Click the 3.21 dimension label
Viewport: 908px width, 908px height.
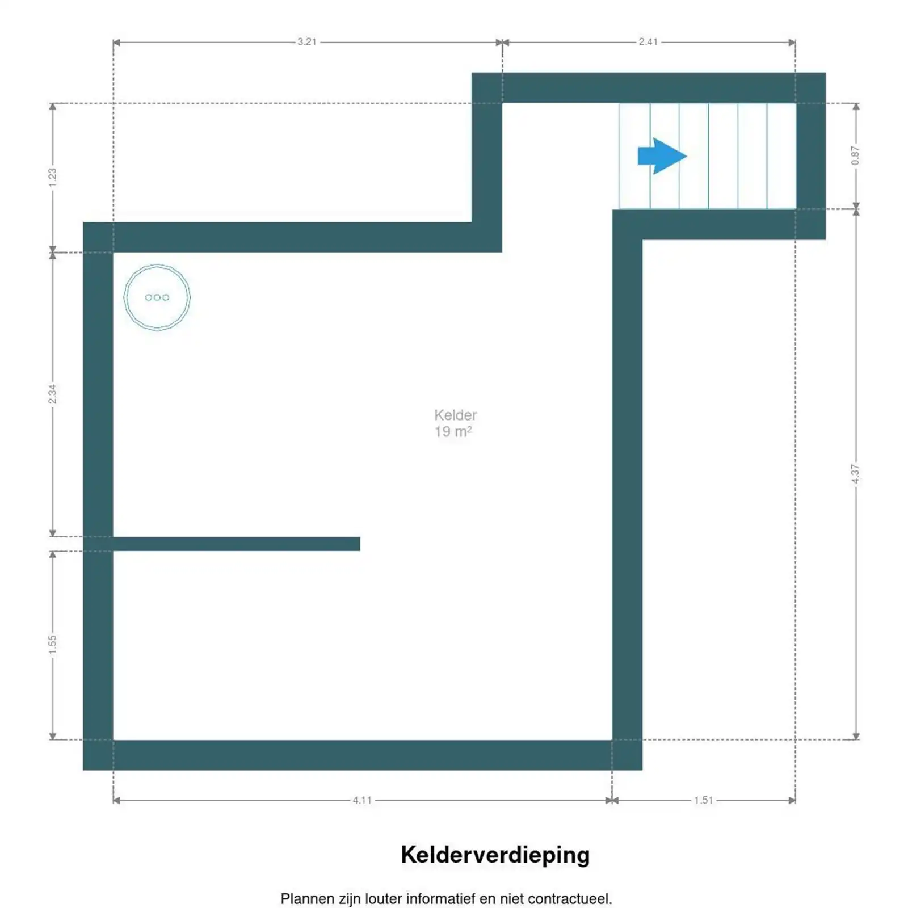point(306,42)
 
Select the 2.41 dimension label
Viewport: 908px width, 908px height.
point(648,42)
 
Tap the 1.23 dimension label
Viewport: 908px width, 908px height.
point(53,177)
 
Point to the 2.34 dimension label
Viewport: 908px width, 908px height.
point(53,394)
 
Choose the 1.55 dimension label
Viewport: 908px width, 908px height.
point(53,644)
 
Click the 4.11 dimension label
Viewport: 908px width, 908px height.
point(362,800)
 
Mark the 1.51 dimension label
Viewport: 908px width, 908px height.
point(703,800)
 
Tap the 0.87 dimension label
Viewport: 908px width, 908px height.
point(855,155)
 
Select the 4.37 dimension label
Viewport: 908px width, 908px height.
point(855,474)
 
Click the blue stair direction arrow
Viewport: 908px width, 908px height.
point(662,156)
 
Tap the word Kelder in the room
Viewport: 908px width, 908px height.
point(455,415)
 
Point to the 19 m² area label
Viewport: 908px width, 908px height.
point(453,432)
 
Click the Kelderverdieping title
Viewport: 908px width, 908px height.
point(495,855)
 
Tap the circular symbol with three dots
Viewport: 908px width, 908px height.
point(157,297)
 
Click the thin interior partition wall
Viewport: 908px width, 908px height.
point(236,544)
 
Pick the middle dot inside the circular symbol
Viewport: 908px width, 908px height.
point(157,297)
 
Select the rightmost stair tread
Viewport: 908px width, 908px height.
point(781,156)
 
